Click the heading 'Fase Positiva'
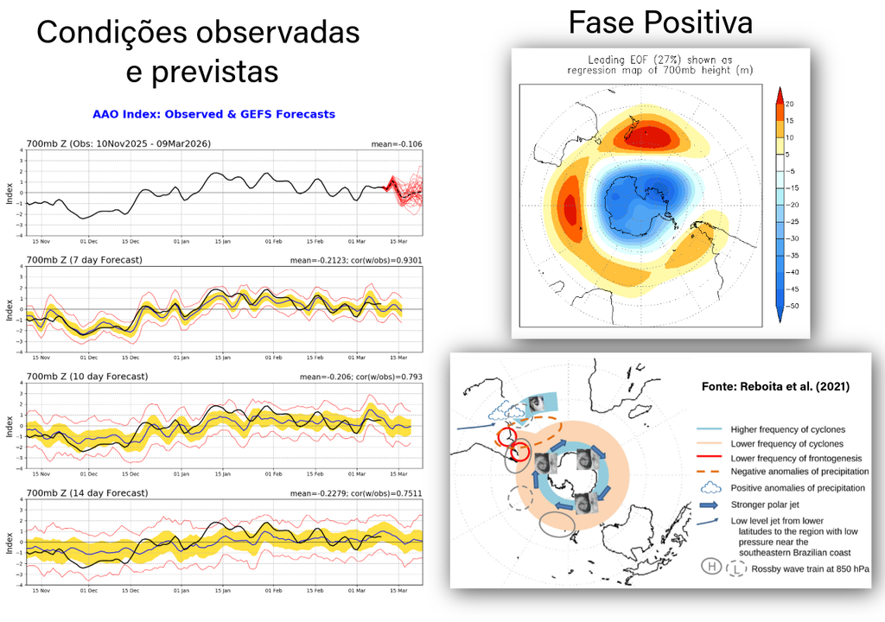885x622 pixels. point(660,22)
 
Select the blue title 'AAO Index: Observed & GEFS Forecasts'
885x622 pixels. point(213,114)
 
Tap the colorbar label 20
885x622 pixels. point(790,104)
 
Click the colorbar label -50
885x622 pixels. point(792,306)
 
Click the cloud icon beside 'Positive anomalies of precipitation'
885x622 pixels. point(709,488)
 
